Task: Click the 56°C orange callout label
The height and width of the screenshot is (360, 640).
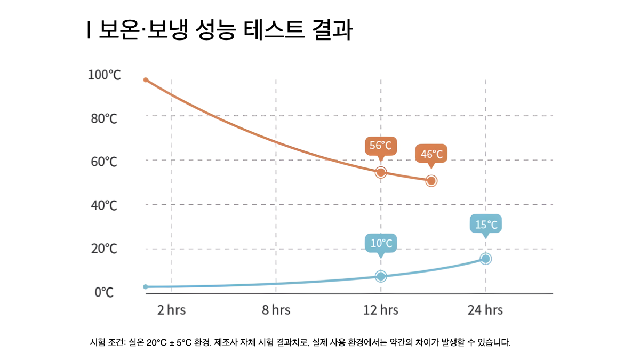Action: (381, 146)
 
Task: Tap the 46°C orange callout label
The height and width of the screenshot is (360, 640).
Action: (431, 154)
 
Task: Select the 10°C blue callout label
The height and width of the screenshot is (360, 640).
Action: (381, 244)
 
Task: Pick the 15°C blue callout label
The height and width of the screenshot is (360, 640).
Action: (486, 225)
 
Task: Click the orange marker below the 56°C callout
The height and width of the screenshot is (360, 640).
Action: (381, 172)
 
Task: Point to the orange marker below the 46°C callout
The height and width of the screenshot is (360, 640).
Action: (431, 181)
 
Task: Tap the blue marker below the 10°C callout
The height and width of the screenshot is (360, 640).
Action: (381, 276)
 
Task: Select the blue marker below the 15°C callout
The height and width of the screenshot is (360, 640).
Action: (486, 259)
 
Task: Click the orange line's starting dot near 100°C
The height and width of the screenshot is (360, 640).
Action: (146, 80)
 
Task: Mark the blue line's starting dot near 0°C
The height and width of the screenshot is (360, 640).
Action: (146, 287)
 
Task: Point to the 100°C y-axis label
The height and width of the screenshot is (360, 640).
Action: (105, 75)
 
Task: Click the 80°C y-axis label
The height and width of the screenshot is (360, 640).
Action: (103, 118)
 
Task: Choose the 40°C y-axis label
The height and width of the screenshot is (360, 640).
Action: (103, 205)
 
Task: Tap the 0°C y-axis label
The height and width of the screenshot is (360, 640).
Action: (105, 293)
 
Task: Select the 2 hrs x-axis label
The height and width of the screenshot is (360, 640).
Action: (171, 310)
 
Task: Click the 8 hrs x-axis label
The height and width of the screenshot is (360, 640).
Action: (276, 310)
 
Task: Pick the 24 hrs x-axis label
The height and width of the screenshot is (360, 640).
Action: (485, 310)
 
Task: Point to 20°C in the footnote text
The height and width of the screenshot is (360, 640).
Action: (156, 342)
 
